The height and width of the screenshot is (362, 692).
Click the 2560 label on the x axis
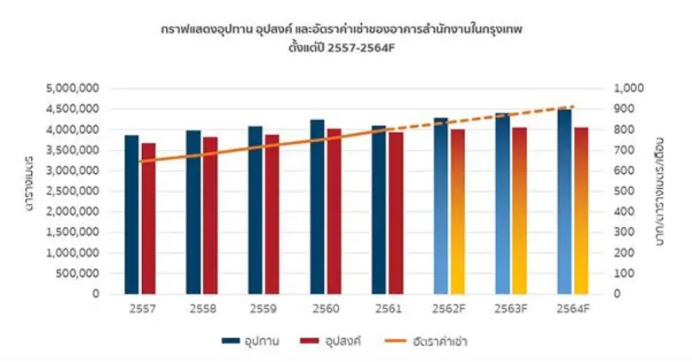326,309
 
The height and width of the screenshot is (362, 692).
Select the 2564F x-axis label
573,309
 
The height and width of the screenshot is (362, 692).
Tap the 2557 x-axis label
139,309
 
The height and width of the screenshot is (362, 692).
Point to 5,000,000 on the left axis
73,89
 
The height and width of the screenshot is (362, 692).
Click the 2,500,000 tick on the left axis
73,192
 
